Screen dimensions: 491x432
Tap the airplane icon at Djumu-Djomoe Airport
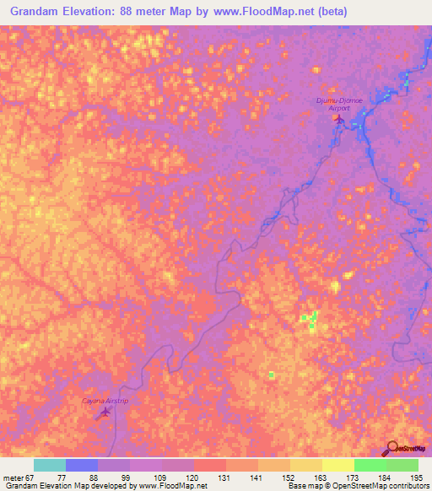pos(339,118)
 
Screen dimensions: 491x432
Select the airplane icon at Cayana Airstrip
pos(105,412)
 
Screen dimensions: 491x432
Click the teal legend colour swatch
pos(50,465)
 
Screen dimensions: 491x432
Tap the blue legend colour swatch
pos(82,465)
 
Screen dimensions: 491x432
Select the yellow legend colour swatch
pos(337,465)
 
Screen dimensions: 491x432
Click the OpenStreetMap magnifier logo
pos(392,449)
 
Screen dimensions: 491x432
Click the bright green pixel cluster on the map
pos(310,319)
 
